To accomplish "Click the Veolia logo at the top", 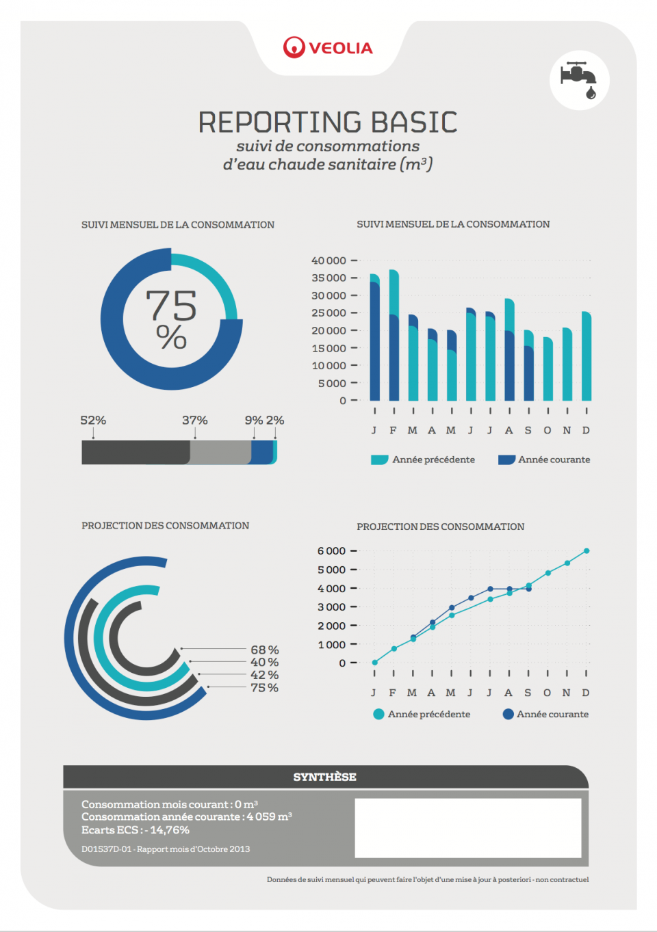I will click(x=328, y=47).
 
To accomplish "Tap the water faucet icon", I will click(x=579, y=80).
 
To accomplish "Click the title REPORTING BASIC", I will click(x=328, y=122).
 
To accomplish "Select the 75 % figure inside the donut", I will click(x=171, y=318).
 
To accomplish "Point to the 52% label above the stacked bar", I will click(x=93, y=420).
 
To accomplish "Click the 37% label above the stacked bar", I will click(x=195, y=420).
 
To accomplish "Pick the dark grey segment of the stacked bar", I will click(x=135, y=452).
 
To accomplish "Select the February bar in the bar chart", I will click(x=394, y=335).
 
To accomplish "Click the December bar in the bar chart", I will click(x=587, y=356).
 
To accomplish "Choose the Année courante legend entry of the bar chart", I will click(x=545, y=460).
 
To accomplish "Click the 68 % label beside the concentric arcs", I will click(x=265, y=650).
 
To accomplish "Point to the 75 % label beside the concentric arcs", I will click(x=265, y=688).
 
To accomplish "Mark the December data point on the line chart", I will click(x=587, y=550).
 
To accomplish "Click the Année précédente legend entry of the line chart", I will click(x=422, y=714).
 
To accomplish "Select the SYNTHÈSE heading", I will click(x=325, y=777).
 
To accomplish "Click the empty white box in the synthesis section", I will click(x=468, y=827).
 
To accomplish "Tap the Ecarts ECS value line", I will click(x=136, y=829).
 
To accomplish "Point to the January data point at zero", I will click(x=374, y=663).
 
